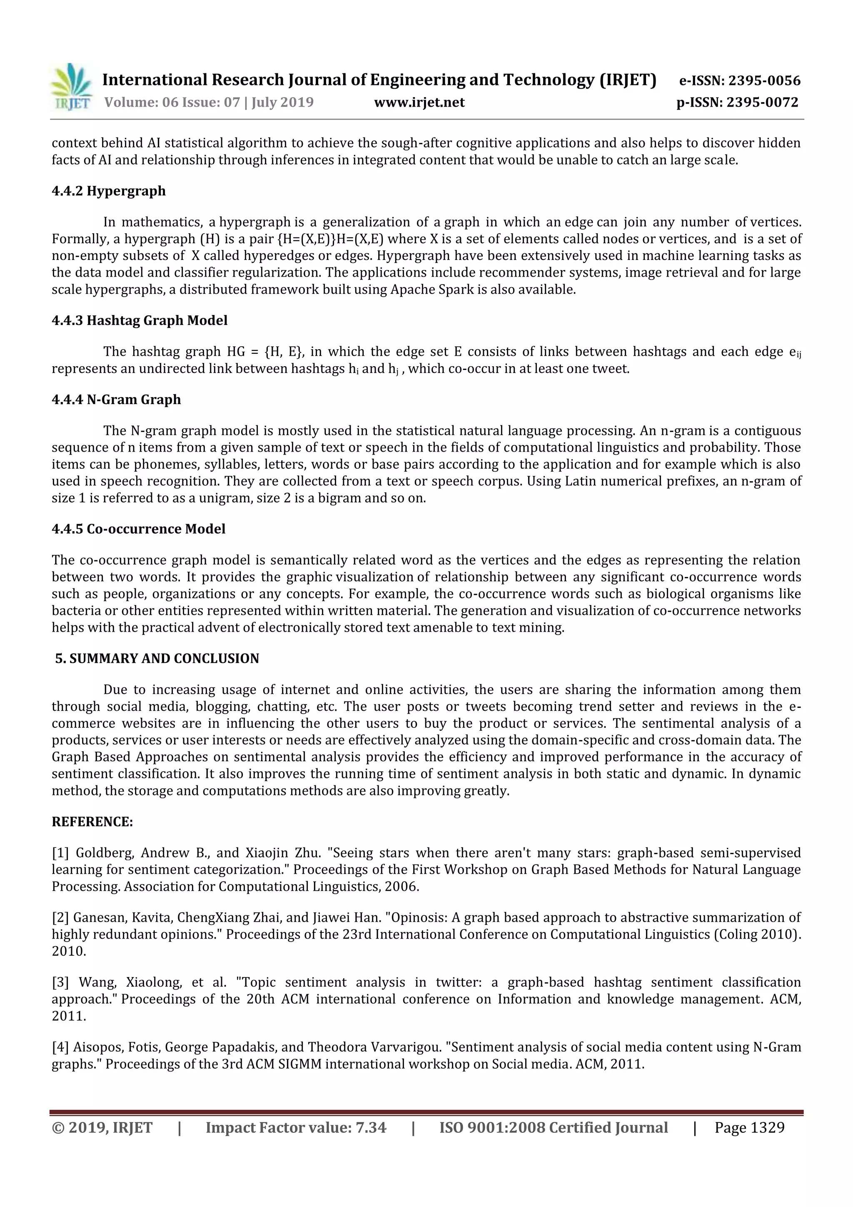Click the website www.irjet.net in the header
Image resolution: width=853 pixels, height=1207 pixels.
click(419, 102)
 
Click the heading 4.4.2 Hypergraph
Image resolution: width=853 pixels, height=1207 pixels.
click(108, 191)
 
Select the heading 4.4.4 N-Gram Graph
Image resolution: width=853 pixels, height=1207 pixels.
click(116, 400)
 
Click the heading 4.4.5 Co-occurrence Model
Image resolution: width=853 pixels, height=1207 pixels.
click(138, 529)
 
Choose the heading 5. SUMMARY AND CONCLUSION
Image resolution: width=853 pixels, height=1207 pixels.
click(157, 659)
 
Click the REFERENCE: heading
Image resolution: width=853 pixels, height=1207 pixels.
click(92, 822)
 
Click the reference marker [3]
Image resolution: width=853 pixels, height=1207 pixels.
click(60, 982)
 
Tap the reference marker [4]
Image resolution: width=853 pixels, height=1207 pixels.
click(60, 1047)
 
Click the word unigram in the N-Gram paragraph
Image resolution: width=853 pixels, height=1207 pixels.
click(225, 498)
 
